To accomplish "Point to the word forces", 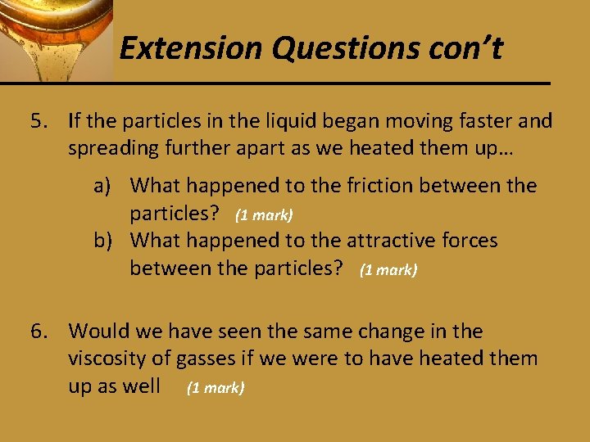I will [x=470, y=240].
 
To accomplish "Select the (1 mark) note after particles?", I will [x=264, y=215].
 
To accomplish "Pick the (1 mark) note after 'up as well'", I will [x=216, y=388].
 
